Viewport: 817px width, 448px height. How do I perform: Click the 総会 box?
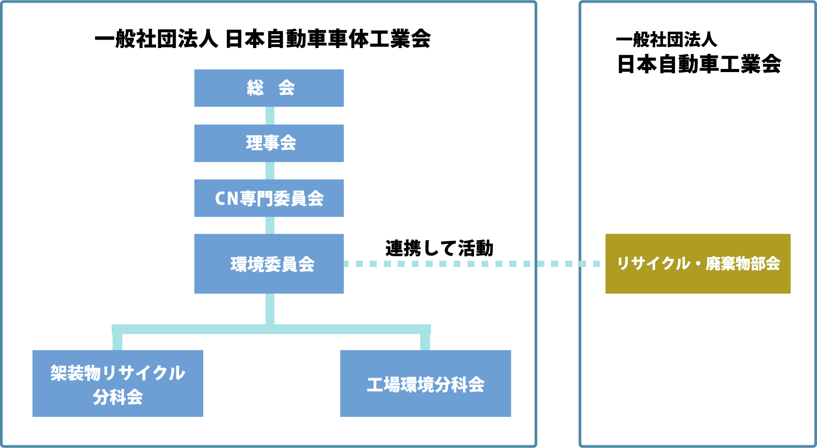(x=269, y=88)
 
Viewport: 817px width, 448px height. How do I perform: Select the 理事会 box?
(x=269, y=143)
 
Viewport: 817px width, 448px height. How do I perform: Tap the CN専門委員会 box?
(x=269, y=198)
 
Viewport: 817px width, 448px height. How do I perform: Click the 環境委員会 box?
(x=269, y=264)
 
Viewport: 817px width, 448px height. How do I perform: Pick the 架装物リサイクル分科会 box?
(x=117, y=383)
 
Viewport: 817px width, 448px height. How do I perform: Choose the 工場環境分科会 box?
(x=425, y=383)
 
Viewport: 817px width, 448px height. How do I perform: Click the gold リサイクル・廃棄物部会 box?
(x=698, y=264)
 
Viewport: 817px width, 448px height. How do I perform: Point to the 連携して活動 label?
(x=439, y=248)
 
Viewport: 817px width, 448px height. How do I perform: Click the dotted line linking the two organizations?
(x=471, y=264)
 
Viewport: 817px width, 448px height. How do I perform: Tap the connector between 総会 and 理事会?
(x=270, y=116)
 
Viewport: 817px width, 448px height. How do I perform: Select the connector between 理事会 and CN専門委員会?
(x=270, y=171)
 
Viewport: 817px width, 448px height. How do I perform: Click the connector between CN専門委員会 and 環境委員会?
(x=270, y=226)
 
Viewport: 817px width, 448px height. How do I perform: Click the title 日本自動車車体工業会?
(x=328, y=39)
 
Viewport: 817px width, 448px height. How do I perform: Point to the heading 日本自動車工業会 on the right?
(x=699, y=64)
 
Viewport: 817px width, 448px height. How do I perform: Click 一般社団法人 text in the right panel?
(x=666, y=40)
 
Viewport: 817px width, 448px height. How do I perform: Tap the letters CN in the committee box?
(x=227, y=198)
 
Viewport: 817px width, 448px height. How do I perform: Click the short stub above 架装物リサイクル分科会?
(x=117, y=342)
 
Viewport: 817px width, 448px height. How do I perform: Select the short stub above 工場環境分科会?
(x=425, y=342)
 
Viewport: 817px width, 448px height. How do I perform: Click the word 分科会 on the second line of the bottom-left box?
(x=117, y=397)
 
